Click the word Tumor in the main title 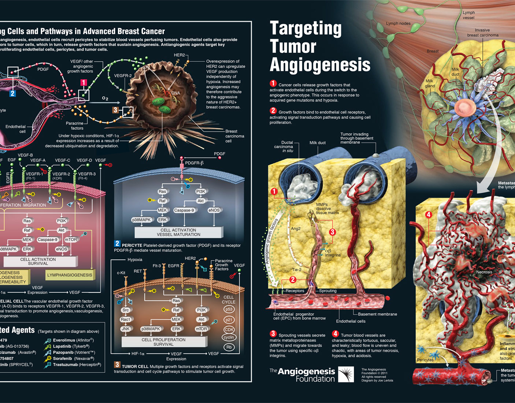point(293,47)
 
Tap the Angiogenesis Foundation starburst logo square point(346,374)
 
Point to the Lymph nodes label point(398,23)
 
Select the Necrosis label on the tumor point(484,272)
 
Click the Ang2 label point(296,229)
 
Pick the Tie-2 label point(297,270)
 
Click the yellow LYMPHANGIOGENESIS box point(70,275)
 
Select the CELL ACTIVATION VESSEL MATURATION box point(178,232)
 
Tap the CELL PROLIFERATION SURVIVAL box point(163,342)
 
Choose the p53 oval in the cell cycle point(229,309)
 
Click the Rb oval point(229,347)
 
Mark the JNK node point(125,329)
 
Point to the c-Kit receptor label point(121,273)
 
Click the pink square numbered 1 point(84,83)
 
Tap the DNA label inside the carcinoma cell point(175,93)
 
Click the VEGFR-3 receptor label point(86,174)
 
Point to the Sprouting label point(327,291)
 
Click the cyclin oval point(229,337)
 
